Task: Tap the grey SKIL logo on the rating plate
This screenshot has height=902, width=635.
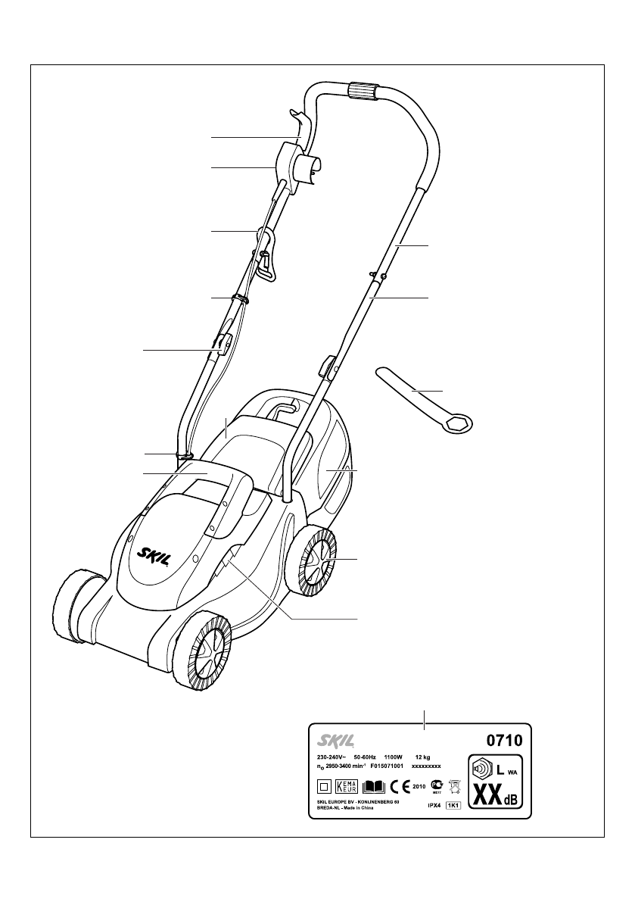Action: click(332, 737)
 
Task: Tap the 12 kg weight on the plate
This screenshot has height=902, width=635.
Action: click(423, 757)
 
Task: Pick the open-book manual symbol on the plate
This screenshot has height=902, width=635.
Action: click(374, 786)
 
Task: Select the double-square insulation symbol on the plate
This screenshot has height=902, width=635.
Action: click(323, 786)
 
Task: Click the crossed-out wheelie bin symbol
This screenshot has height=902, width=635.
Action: click(454, 786)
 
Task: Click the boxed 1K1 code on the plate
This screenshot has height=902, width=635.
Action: click(453, 806)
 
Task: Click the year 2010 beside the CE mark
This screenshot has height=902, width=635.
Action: click(419, 787)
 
